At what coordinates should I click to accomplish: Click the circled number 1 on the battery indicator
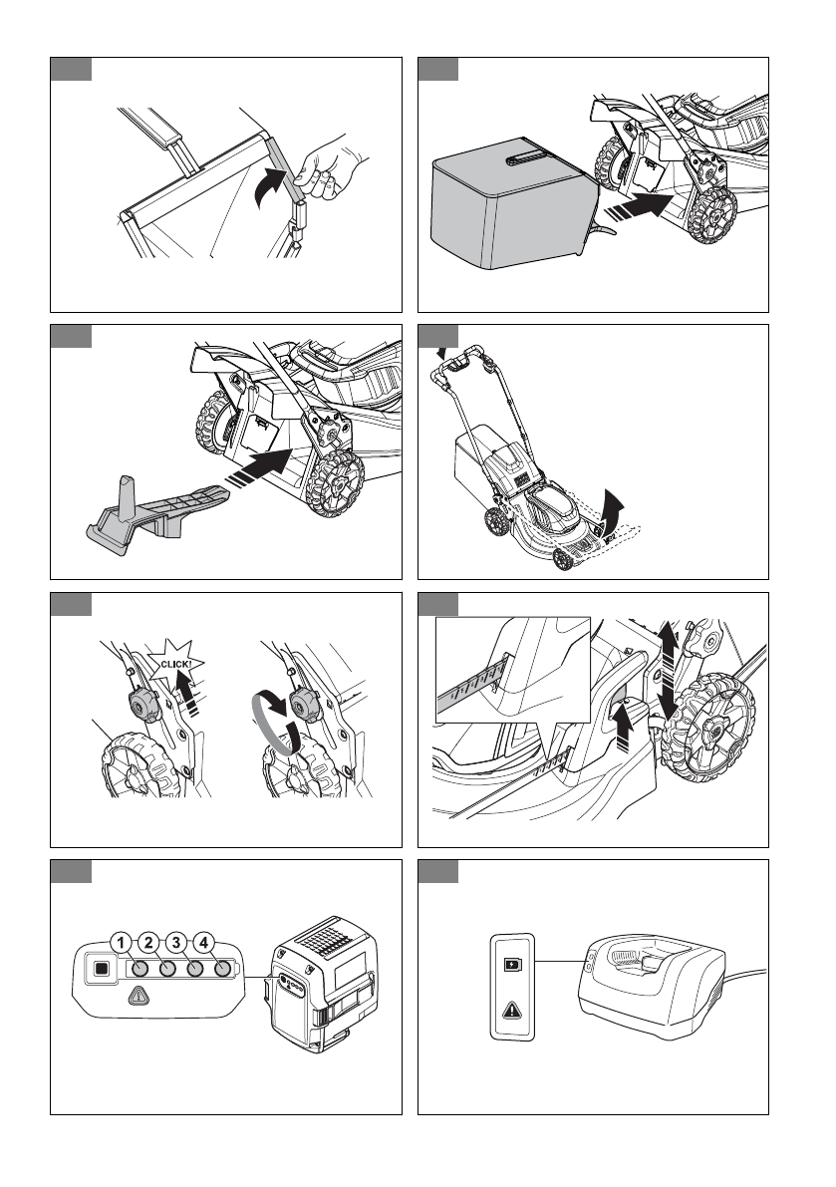click(121, 943)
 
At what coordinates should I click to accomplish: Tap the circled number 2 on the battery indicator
click(149, 943)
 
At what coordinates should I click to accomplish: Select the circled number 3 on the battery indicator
click(176, 943)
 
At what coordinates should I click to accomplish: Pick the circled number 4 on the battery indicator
click(203, 943)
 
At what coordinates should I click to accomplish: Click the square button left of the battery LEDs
click(101, 968)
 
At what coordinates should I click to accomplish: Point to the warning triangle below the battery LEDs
click(139, 997)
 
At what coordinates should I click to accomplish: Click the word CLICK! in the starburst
click(175, 664)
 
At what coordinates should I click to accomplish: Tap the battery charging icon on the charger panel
click(512, 965)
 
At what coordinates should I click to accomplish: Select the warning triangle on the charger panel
click(512, 1010)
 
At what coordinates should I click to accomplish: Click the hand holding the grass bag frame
click(329, 168)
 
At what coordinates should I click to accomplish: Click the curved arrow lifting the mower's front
click(611, 510)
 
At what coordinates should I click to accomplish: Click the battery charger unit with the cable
click(652, 986)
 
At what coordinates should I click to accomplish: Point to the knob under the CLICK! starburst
click(143, 706)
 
